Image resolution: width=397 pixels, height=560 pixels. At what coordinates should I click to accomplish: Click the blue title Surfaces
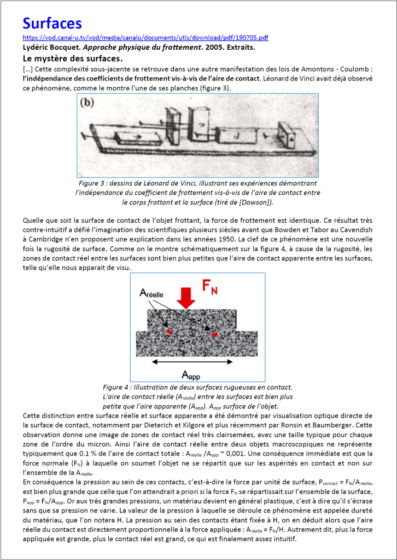(52, 24)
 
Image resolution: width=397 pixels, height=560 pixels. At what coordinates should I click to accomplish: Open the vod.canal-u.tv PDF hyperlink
(145, 38)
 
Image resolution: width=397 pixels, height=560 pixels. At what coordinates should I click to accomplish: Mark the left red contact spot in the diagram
(170, 331)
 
